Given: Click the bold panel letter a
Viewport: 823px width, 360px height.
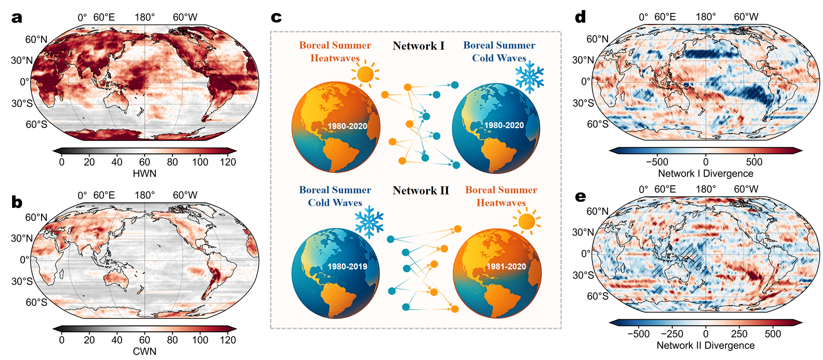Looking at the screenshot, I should coord(17,18).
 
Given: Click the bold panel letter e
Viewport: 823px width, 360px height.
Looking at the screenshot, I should coord(580,197).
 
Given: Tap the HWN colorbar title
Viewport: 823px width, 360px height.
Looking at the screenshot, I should coord(144,173).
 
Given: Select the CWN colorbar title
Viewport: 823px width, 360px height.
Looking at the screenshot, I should coord(144,351).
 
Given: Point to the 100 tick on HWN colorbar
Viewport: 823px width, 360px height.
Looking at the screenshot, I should coord(200,162).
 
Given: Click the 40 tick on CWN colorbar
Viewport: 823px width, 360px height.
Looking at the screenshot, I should coord(117,340).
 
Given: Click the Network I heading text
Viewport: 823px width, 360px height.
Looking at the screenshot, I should coord(418,46).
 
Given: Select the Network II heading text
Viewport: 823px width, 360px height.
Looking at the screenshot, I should coord(421,190).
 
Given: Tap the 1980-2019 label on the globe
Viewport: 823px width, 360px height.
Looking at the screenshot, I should coord(347,267).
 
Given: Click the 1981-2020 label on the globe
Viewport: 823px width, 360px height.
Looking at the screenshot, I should coord(506,267).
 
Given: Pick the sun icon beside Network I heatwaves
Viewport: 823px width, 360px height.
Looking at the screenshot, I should coord(365,74).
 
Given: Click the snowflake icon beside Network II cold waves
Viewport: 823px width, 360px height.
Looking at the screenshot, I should coord(369,221).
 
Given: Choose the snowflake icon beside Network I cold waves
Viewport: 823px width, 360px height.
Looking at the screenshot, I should coord(529,76).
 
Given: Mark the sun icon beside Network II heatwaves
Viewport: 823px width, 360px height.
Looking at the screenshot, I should coord(527,221).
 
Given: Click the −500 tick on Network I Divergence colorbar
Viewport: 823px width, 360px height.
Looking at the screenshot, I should coord(657,162).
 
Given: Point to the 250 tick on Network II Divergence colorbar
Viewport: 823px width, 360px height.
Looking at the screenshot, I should coord(739,334).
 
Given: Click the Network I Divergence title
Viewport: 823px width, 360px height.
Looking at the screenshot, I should coord(706,173).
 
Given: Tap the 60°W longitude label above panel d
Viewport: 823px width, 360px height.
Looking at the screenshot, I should coord(746,17).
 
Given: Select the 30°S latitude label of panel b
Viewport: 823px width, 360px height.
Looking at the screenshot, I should coord(22,281).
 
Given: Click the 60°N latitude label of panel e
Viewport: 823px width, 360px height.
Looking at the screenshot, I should coord(597,211).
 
